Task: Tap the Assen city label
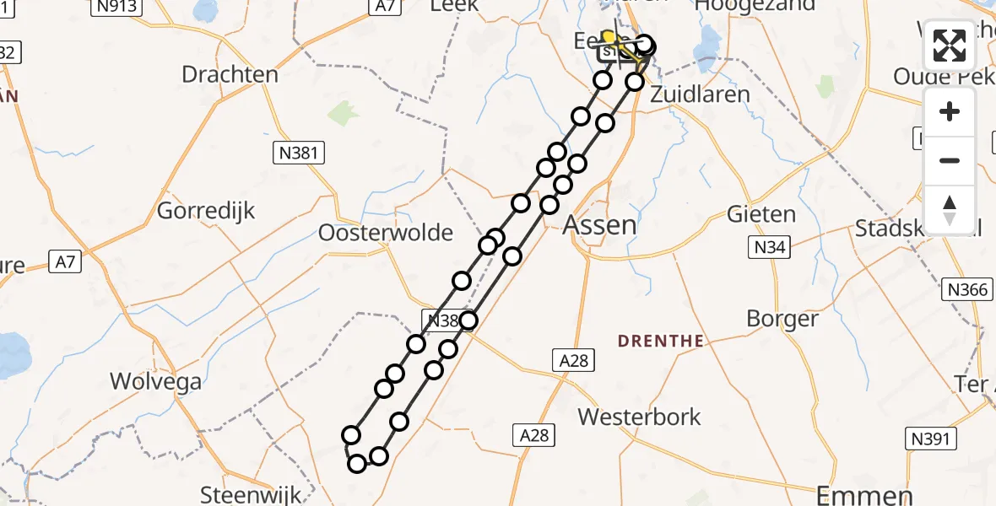click(598, 225)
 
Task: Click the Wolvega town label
click(156, 381)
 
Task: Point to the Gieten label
click(761, 214)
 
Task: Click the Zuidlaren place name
click(700, 94)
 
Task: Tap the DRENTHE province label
click(661, 341)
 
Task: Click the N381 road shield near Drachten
click(299, 153)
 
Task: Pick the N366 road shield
click(966, 290)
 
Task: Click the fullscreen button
click(950, 46)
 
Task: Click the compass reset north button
click(950, 209)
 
